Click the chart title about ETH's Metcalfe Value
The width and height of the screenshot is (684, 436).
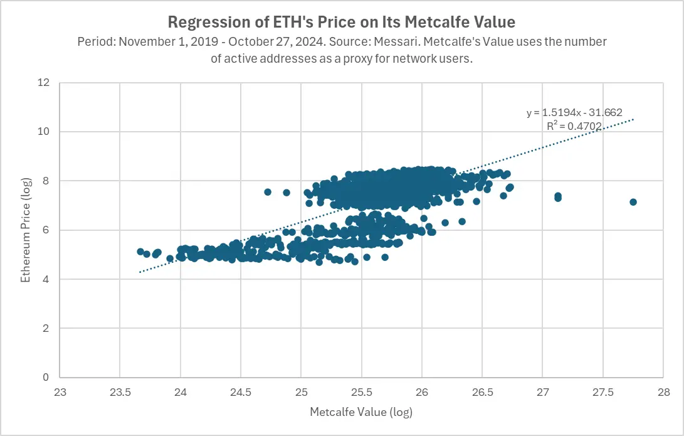[x=342, y=23]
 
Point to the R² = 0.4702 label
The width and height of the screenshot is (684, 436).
[x=574, y=126]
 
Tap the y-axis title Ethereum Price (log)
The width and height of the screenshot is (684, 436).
[x=26, y=229]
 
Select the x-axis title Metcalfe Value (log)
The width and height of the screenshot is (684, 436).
[x=361, y=412]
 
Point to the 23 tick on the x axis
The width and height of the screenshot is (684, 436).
[x=60, y=391]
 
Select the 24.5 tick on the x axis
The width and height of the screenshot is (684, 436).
[x=241, y=391]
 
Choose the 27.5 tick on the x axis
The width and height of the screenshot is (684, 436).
[x=602, y=391]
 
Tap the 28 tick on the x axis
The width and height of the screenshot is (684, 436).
[x=663, y=391]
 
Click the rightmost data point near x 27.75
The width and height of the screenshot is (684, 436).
[x=633, y=202]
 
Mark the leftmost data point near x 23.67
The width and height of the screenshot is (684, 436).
[x=140, y=252]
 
